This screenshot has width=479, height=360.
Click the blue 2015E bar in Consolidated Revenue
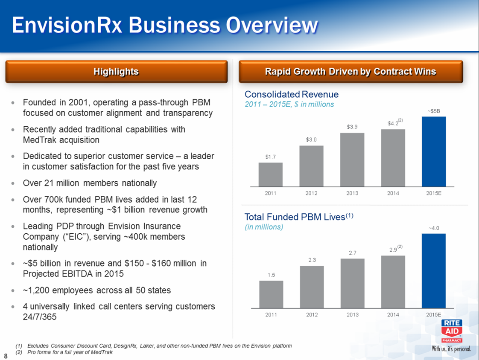(434, 151)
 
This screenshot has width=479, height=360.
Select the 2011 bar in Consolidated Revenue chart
(270, 174)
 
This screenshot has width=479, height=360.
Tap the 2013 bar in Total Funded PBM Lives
(352, 283)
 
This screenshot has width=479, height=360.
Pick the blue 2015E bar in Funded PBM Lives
(434, 270)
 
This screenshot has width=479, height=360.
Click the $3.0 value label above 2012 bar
(311, 139)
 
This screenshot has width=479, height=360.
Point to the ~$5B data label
(434, 111)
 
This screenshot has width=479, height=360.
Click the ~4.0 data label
(434, 228)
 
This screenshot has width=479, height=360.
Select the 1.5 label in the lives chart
(271, 275)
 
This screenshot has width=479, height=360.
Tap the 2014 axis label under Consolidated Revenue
(393, 193)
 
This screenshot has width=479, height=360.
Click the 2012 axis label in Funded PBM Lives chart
(311, 315)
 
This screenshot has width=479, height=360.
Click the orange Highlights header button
(116, 72)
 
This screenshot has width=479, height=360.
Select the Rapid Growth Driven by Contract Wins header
(350, 72)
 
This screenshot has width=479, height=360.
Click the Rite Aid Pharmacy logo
(452, 330)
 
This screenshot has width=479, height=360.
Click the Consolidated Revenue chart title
(292, 94)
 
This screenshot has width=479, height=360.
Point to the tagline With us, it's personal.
(452, 348)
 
